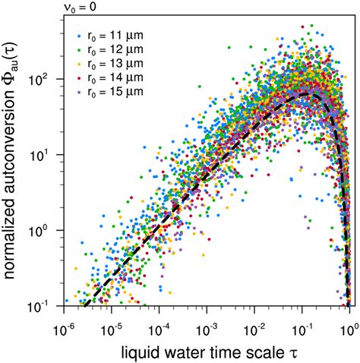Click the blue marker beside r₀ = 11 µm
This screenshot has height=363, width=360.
[79, 36]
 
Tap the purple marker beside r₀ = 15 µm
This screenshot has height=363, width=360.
[79, 93]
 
